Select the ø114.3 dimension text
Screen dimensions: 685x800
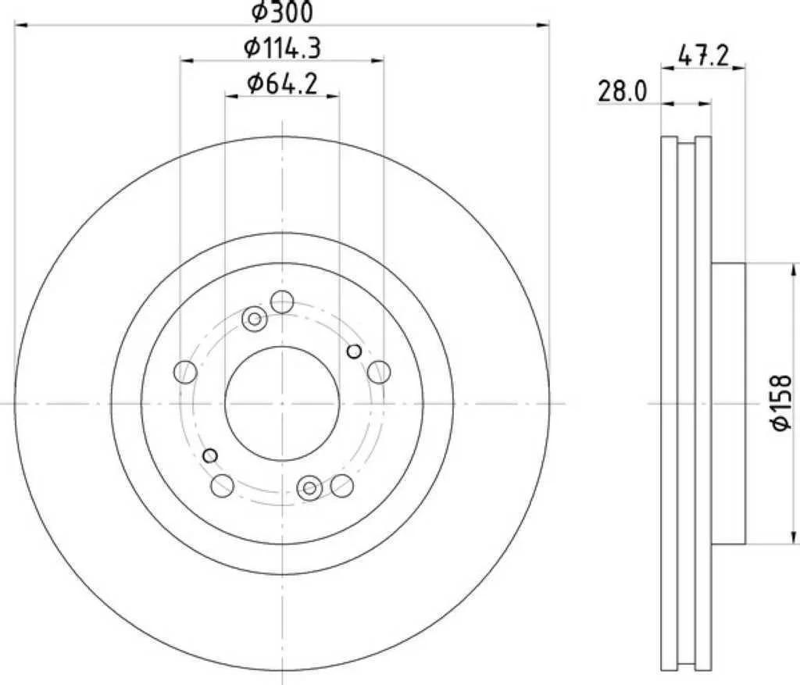click(282, 48)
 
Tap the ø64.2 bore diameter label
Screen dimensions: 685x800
click(282, 84)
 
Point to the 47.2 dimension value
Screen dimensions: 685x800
click(703, 55)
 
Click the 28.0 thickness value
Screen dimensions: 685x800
click(622, 91)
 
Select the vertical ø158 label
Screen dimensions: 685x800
click(782, 403)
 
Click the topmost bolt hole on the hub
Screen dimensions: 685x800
click(281, 301)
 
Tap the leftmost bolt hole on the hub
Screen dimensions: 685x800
click(185, 373)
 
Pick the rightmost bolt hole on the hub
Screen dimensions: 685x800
click(378, 373)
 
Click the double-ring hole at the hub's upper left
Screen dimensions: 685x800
click(253, 318)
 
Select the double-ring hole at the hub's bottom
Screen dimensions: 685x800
click(309, 488)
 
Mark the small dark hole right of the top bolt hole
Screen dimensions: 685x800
click(354, 351)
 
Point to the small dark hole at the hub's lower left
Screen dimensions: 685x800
click(209, 455)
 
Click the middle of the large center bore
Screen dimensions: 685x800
click(282, 403)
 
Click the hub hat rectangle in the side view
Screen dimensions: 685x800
click(728, 403)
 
